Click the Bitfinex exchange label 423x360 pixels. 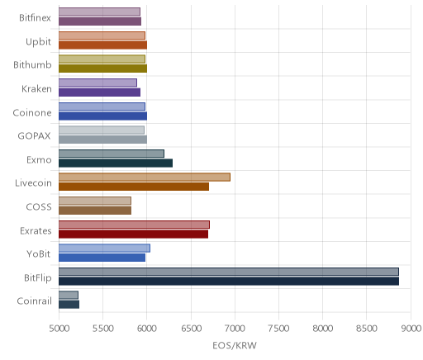click(35, 18)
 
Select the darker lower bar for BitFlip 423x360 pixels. click(229, 282)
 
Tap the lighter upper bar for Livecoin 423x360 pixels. click(145, 178)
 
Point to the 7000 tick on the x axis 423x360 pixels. click(235, 329)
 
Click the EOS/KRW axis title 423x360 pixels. click(235, 345)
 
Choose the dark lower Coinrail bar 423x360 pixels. click(69, 305)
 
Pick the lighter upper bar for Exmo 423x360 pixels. click(112, 154)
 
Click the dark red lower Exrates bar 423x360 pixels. click(133, 234)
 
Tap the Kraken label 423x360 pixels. click(36, 89)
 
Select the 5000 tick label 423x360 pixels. click(59, 329)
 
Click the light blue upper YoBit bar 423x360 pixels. click(104, 248)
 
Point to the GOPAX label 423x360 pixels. click(35, 136)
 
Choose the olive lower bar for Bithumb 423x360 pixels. click(102, 69)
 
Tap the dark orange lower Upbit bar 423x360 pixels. click(102, 45)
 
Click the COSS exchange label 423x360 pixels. click(39, 207)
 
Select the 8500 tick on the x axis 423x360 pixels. click(366, 329)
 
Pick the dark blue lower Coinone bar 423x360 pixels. click(102, 116)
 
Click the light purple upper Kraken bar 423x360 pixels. click(97, 83)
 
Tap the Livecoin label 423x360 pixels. click(33, 183)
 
